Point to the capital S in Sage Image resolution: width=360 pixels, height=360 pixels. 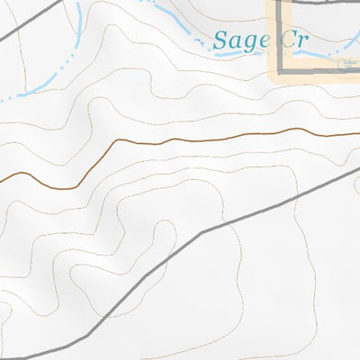pos(221,40)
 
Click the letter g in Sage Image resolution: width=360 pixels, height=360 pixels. pos(245,43)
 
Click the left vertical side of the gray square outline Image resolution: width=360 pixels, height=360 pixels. pos(280,36)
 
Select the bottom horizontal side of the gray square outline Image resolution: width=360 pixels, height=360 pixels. pos(319,71)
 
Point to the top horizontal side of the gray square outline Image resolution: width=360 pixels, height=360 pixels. pos(319,3)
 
